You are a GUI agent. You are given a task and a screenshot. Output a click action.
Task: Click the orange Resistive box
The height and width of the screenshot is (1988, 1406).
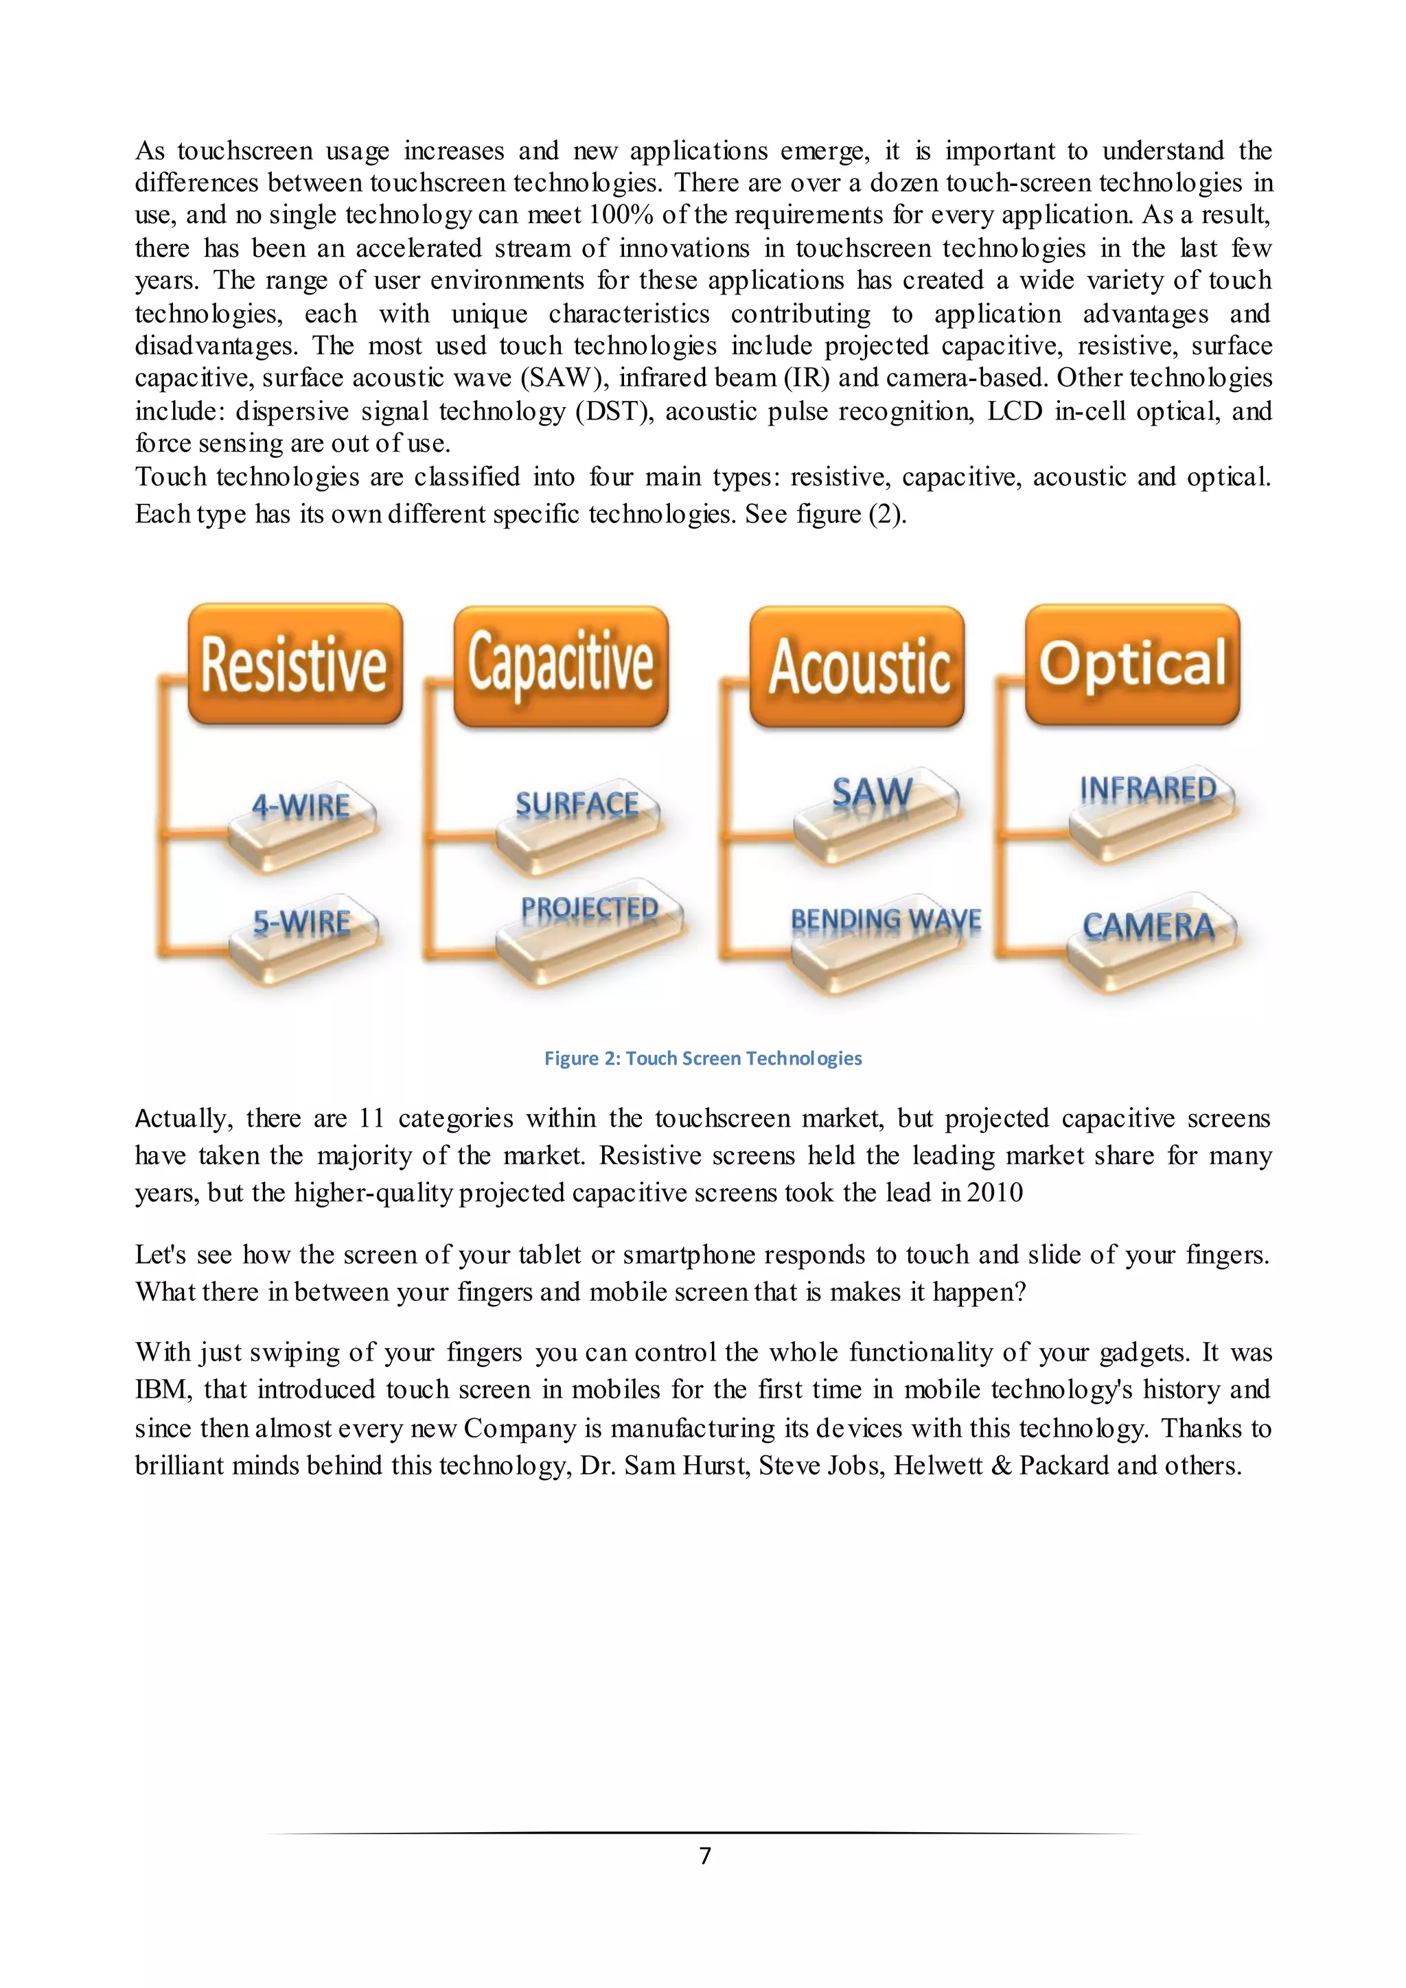point(295,664)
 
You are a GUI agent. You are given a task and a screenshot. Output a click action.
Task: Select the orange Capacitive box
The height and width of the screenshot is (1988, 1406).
point(561,665)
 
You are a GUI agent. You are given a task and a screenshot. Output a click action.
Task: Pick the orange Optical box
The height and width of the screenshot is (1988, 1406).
point(1132,664)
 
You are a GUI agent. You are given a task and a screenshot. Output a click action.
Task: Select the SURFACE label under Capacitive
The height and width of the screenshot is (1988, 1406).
point(577,805)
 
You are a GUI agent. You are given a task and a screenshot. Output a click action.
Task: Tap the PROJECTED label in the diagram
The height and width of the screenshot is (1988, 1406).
point(590,909)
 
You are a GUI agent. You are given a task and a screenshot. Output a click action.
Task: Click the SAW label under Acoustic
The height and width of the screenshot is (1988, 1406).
point(872,793)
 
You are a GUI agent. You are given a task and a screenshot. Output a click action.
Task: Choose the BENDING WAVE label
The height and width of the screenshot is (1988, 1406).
point(886,921)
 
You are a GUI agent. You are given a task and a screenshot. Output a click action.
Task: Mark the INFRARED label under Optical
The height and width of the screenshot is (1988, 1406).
point(1148,789)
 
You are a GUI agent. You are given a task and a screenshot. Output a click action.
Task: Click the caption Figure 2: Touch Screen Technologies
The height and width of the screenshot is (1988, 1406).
point(702,1058)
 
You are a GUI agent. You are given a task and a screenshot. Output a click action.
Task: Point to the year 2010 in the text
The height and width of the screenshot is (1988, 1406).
point(995,1192)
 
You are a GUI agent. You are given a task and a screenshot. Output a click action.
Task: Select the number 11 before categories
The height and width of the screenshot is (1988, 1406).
point(371,1118)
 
